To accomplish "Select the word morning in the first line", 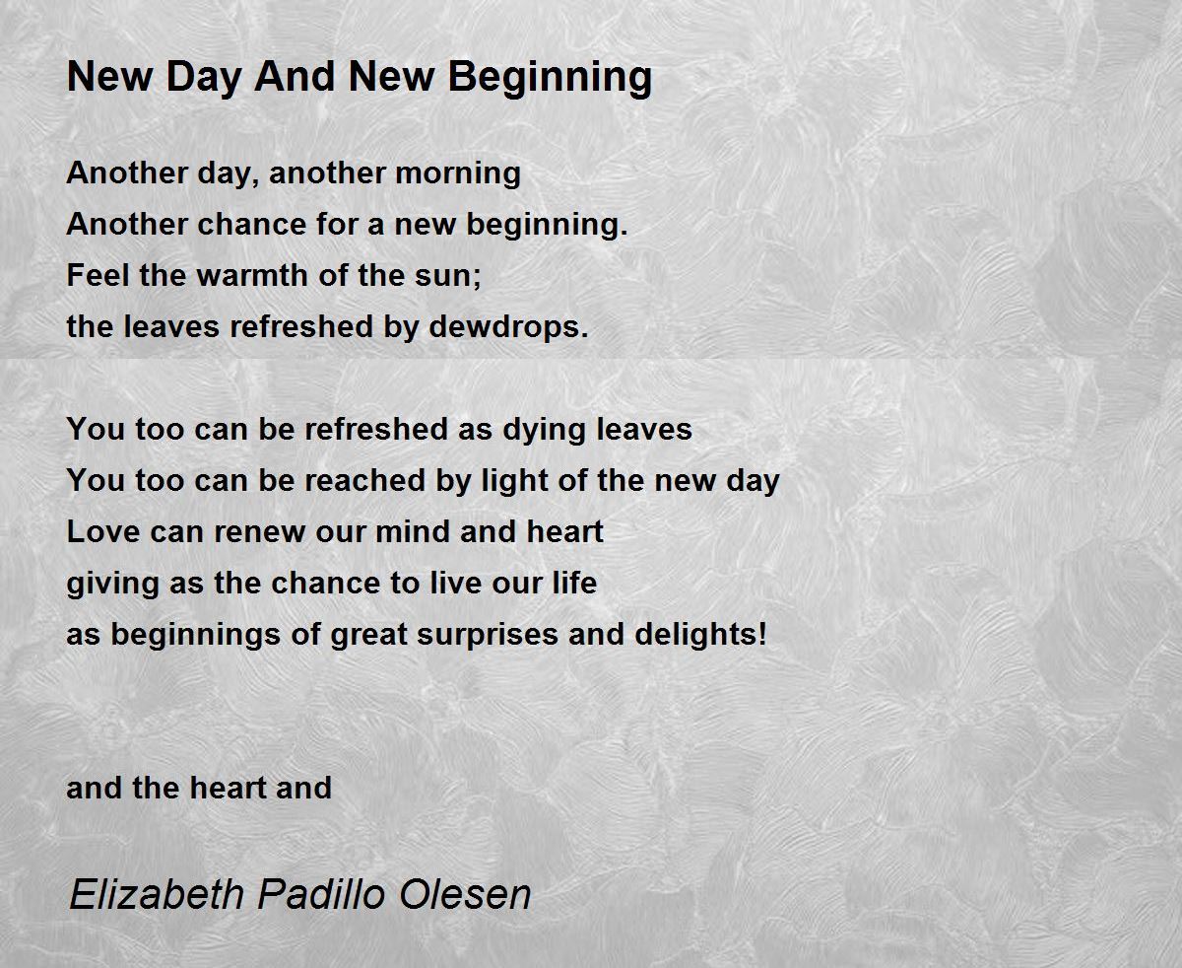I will click(x=458, y=173).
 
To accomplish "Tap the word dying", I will click(x=546, y=430).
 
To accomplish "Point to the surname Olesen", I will click(x=465, y=894).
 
